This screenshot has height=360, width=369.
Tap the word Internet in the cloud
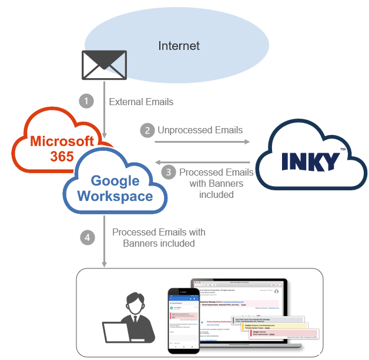(179, 46)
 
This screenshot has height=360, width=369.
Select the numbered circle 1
(86, 101)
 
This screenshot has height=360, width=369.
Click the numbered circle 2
(147, 130)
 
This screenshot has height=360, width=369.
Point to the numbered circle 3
(169, 172)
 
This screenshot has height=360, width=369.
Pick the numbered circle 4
(87, 237)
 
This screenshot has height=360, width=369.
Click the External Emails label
(141, 102)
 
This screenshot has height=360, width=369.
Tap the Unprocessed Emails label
(200, 130)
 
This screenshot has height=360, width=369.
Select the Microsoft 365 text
(62, 148)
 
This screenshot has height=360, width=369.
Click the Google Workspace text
(115, 189)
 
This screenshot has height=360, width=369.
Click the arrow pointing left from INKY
(203, 162)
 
